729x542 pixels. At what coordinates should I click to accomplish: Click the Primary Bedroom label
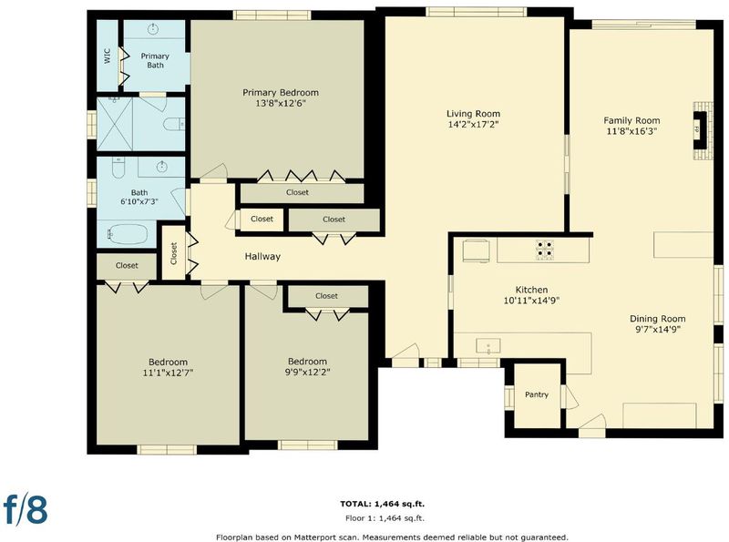(x=281, y=93)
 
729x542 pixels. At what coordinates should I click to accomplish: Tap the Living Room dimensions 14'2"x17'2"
(x=473, y=124)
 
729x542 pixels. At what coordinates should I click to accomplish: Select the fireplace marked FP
(x=702, y=130)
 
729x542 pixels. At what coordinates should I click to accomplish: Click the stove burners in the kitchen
(x=545, y=250)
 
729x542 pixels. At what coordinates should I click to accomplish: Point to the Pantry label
(x=537, y=394)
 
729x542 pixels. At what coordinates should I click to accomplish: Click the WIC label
(x=108, y=56)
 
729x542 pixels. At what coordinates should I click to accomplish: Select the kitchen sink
(x=488, y=346)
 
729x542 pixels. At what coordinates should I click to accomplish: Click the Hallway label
(x=262, y=256)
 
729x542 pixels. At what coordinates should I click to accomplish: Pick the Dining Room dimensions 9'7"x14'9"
(x=657, y=330)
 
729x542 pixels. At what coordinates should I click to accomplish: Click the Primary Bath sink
(x=153, y=29)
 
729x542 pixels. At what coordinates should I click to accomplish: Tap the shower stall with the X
(x=115, y=124)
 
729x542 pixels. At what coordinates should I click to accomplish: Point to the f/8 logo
(x=26, y=509)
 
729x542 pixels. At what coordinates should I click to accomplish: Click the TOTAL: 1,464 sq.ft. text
(x=382, y=504)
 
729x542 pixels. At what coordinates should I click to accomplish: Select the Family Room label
(x=631, y=120)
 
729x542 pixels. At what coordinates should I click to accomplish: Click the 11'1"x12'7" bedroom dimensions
(x=168, y=373)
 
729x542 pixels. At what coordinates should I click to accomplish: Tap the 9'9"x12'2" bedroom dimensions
(x=307, y=372)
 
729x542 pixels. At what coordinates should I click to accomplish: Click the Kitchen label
(x=531, y=290)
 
